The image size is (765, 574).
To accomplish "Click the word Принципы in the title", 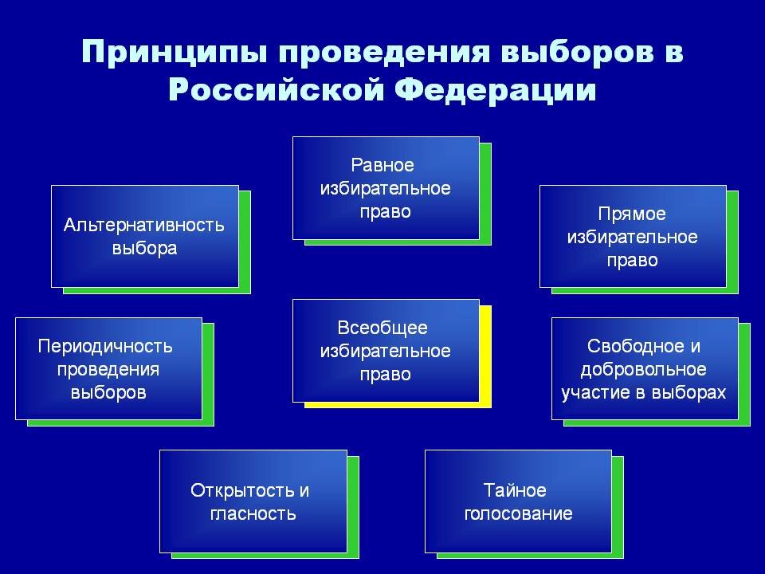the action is (x=175, y=51).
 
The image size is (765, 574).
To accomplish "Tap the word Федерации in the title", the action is (x=495, y=89).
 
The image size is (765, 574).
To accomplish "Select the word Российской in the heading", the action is (x=277, y=89).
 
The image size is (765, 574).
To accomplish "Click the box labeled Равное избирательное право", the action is (x=386, y=188).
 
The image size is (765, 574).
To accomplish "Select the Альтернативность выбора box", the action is (x=145, y=236).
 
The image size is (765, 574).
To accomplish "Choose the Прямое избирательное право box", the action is (x=633, y=236).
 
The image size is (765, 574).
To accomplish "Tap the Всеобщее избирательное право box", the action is (x=386, y=351).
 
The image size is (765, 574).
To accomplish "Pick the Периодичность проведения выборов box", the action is (x=109, y=368).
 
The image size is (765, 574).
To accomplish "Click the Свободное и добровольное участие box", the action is (x=645, y=368).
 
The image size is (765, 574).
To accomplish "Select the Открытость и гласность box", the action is (x=253, y=501).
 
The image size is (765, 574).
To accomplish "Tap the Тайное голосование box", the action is (x=518, y=501).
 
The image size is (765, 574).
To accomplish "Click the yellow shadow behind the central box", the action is (x=486, y=357).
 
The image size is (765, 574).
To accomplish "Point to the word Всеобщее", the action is (x=382, y=328).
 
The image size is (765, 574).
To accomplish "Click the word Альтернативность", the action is (x=144, y=225).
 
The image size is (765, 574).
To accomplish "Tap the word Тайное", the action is (x=515, y=489).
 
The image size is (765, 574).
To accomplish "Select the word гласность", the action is (x=253, y=513).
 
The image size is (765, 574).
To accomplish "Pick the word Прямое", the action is (x=632, y=214).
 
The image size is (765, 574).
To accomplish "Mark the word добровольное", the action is (x=644, y=369).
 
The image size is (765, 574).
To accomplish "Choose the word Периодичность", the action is (x=105, y=346).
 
